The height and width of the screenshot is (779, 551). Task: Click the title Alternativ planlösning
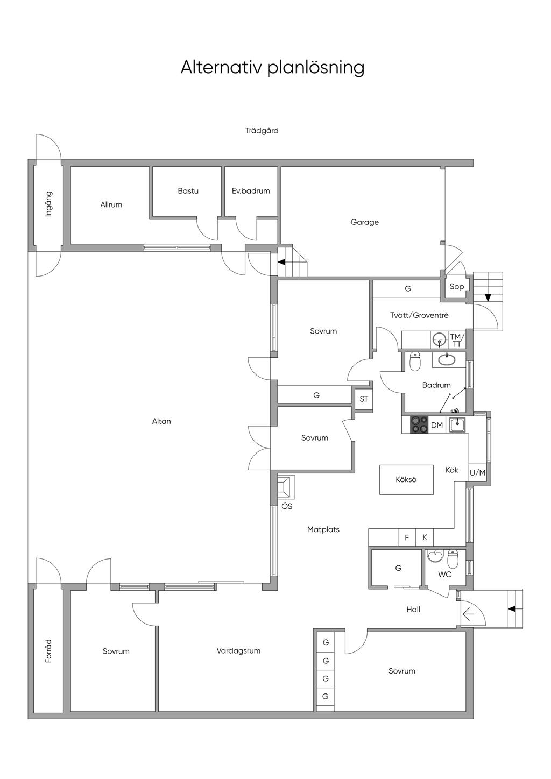pos(272,68)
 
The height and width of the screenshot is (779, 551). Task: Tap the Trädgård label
pos(262,131)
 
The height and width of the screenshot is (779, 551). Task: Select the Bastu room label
pos(188,190)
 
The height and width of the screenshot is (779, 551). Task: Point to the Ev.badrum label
pos(251,190)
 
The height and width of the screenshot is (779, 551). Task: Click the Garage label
pos(364,222)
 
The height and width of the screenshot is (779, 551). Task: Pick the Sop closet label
pos(457,287)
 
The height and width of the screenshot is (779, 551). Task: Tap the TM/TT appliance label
pos(457,341)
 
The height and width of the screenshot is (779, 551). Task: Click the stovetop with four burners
pos(419,424)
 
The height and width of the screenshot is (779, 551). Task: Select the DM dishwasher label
pos(437,425)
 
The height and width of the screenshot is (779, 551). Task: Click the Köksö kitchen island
pos(406,479)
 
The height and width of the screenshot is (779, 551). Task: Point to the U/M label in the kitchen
pos(478,472)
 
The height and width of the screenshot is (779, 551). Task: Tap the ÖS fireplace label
pos(287,506)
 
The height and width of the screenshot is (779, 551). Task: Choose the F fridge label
pos(407,537)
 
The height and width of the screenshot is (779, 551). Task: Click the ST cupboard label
pos(364,399)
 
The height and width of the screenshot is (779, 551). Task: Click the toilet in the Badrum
pos(415,362)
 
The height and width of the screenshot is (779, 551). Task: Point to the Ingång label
pos(48,204)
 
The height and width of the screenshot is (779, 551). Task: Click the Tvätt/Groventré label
pos(419,315)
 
